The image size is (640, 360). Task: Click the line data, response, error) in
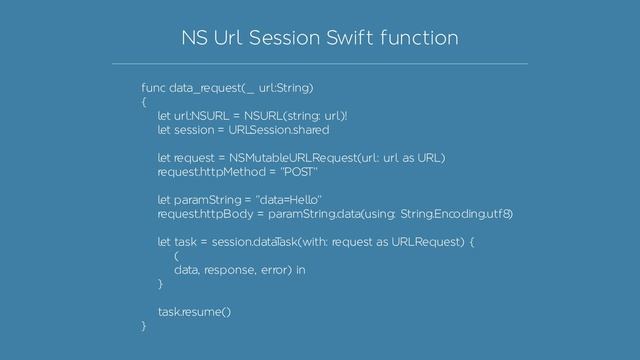[x=239, y=270]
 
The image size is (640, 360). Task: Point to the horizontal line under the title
[x=320, y=63]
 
